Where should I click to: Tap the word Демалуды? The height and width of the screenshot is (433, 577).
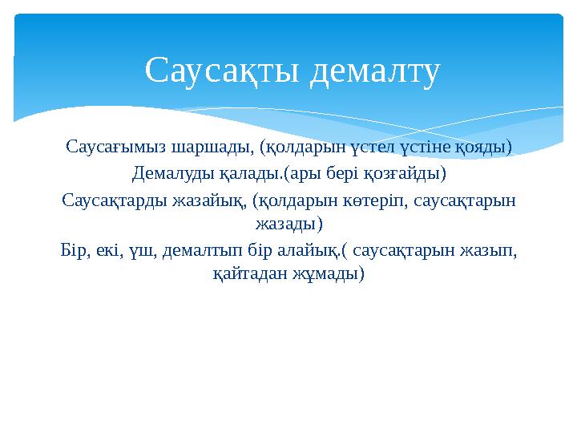[168, 173]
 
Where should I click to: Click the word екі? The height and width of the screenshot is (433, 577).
[110, 250]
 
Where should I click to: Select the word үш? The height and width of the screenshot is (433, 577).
[144, 250]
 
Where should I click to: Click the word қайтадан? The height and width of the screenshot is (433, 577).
[247, 274]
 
